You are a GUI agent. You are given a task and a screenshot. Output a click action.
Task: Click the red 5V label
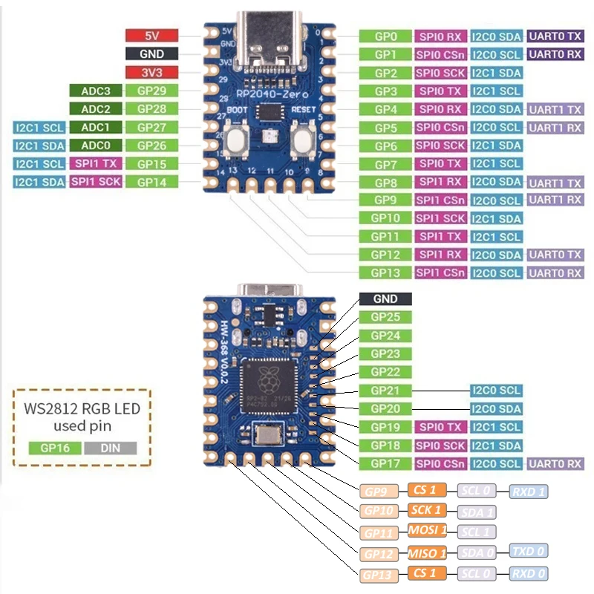click(x=151, y=35)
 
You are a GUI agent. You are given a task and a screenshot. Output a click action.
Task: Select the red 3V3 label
click(x=151, y=72)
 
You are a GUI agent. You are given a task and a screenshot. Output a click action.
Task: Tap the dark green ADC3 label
click(x=95, y=91)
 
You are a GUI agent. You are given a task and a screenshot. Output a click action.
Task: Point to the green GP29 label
click(x=151, y=91)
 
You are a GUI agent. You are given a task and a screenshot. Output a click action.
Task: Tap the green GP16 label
click(x=54, y=448)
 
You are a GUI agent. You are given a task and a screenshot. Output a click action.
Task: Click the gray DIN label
click(x=111, y=448)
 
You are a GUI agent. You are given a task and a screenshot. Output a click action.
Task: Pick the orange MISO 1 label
click(x=427, y=552)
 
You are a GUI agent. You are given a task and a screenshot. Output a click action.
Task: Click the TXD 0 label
click(x=529, y=551)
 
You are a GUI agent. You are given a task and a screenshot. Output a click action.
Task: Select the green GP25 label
click(x=385, y=317)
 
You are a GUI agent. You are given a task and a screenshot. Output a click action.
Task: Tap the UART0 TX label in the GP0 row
click(x=555, y=36)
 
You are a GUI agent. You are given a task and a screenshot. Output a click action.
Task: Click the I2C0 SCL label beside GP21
click(x=496, y=390)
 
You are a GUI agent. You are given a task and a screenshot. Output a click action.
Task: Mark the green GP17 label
click(x=385, y=463)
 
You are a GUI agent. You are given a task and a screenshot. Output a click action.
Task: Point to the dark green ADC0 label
click(x=95, y=146)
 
